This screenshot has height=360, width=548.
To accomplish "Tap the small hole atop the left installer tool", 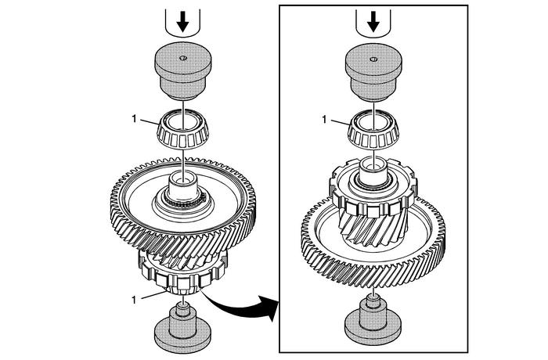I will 182,59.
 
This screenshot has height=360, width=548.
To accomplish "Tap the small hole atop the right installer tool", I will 373,59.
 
